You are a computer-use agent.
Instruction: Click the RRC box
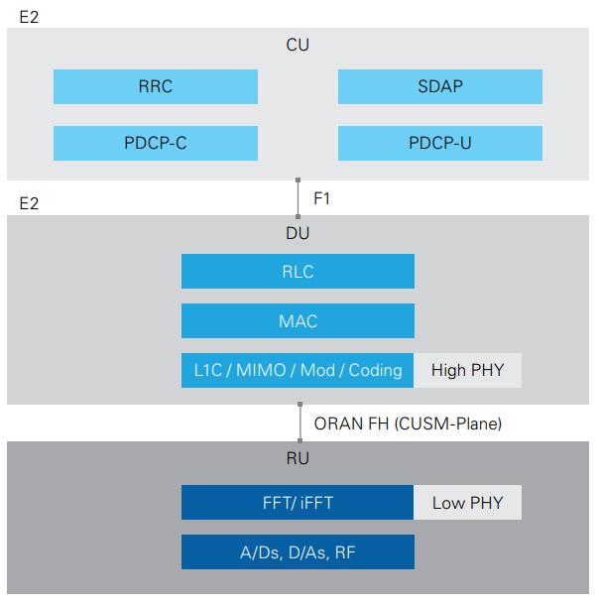[156, 86]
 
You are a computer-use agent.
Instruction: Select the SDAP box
[439, 86]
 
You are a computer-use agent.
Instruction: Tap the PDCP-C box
[156, 143]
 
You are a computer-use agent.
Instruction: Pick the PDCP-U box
[439, 143]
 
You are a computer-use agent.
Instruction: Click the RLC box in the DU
[298, 272]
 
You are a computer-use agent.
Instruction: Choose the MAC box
[298, 320]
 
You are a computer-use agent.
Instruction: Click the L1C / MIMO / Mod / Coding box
[298, 370]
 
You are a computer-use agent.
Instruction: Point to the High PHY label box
[467, 370]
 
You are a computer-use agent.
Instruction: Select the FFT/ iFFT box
[298, 502]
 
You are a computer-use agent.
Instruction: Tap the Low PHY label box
[467, 502]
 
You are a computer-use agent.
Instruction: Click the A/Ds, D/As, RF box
[298, 551]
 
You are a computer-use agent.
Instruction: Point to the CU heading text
[298, 45]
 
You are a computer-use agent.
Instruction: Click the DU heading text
[298, 233]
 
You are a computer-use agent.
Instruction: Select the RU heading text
[298, 458]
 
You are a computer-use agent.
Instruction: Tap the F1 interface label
[321, 198]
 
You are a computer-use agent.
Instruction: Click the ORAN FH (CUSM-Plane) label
[408, 423]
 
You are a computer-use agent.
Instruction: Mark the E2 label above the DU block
[30, 203]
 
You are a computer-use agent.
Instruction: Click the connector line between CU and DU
[298, 198]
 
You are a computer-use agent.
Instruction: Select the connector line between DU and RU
[299, 423]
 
